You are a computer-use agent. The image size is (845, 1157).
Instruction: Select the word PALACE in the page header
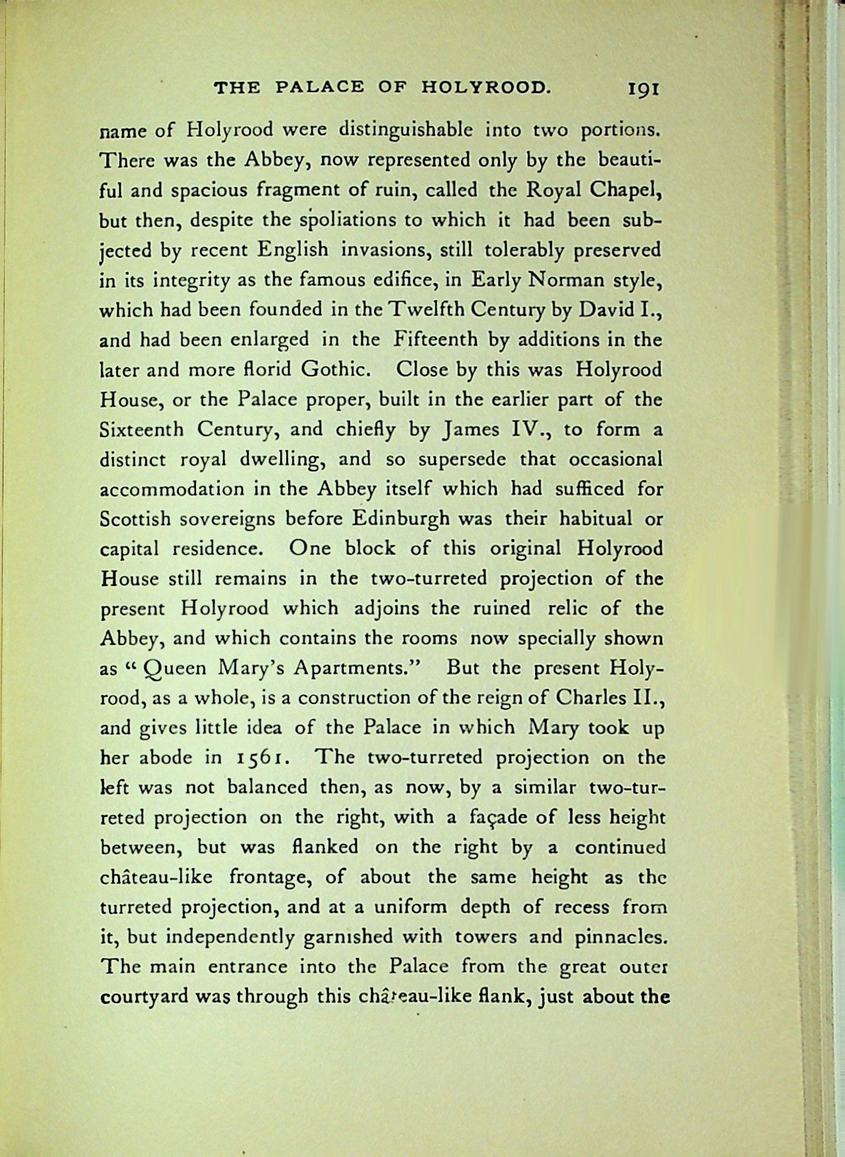(322, 87)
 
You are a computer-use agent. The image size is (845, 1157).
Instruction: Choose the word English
(292, 250)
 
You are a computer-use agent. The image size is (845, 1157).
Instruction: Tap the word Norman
(565, 280)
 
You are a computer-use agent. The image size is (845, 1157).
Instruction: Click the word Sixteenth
(141, 429)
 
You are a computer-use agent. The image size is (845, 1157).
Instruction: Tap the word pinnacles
(618, 937)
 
